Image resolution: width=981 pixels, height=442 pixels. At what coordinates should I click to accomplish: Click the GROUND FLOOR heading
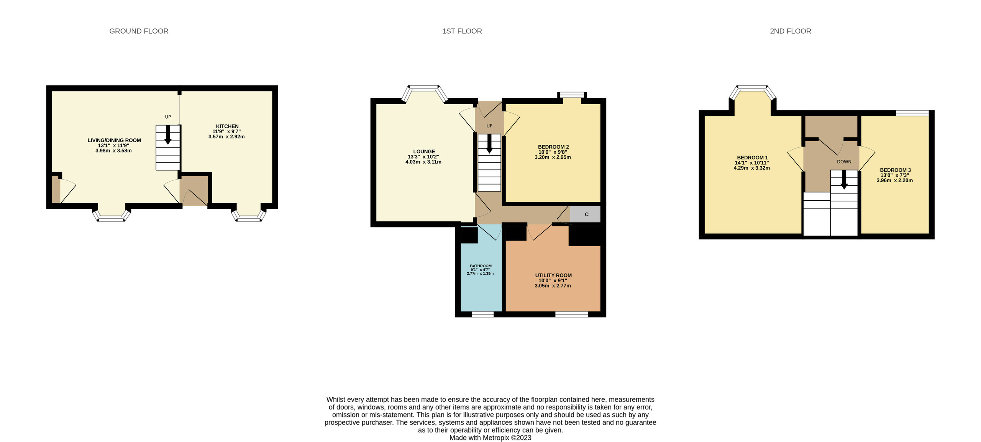139,31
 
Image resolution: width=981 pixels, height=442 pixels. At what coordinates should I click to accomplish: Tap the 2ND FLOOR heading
790,31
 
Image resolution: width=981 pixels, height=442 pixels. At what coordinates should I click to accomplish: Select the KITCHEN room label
227,126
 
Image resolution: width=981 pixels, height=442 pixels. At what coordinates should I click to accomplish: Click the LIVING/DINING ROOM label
114,140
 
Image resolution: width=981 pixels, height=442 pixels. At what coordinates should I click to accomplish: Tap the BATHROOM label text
481,266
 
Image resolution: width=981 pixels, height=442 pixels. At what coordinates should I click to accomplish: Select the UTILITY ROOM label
553,275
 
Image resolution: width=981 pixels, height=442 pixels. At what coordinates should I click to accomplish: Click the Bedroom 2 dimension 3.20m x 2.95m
553,157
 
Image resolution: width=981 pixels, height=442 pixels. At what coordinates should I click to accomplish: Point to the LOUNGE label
424,151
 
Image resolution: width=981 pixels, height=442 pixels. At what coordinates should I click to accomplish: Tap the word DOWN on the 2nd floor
844,162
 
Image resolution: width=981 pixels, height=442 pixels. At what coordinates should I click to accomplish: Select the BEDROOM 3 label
895,170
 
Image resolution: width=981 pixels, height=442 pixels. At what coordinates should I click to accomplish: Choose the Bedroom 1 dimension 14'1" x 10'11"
751,163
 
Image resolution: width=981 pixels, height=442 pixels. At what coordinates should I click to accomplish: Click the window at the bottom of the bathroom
482,314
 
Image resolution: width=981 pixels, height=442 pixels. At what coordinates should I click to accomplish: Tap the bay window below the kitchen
249,218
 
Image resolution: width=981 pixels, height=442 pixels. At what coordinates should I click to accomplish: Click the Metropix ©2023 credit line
490,438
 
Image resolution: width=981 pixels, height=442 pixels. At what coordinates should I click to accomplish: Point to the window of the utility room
571,314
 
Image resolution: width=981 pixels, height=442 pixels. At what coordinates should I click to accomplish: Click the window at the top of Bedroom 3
912,113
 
